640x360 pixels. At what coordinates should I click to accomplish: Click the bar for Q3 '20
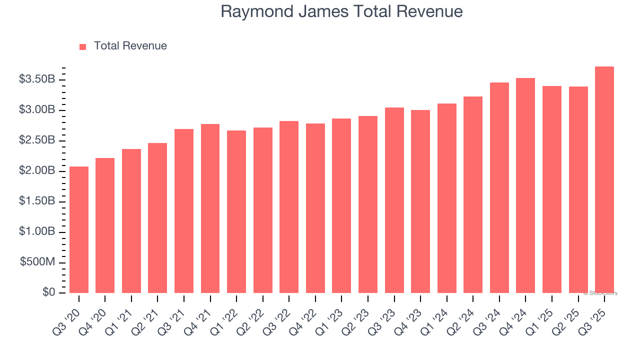[x=79, y=229]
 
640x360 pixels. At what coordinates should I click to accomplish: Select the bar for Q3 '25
[x=604, y=179]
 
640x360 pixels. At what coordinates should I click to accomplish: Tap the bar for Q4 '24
[x=525, y=185]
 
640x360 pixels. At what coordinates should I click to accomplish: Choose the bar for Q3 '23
[x=394, y=200]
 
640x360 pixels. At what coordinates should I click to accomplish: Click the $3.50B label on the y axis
[x=37, y=79]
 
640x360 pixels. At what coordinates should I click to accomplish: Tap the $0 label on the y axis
[x=48, y=292]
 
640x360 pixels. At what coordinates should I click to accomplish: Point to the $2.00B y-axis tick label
[x=37, y=171]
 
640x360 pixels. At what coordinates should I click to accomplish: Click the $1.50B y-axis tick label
[x=37, y=201]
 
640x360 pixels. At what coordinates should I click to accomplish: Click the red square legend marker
[x=83, y=46]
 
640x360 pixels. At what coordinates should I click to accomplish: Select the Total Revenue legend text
[x=130, y=46]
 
